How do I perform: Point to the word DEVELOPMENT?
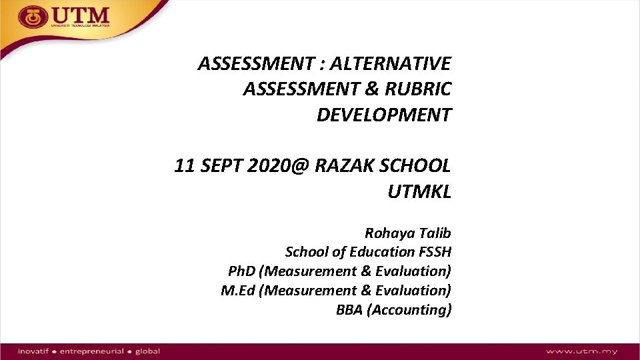coord(383,115)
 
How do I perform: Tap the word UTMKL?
coord(419,192)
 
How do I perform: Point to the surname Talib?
coord(435,233)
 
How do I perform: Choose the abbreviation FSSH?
coord(435,252)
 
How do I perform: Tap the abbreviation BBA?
coord(349,310)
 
